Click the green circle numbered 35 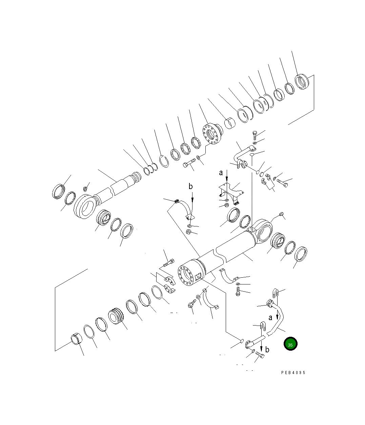[x=290, y=344]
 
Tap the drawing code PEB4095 [x=293, y=372]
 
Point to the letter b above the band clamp [x=191, y=186]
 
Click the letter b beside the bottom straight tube [x=267, y=350]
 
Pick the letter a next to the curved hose [x=270, y=318]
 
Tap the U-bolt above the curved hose [x=275, y=292]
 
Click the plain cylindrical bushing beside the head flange [x=231, y=124]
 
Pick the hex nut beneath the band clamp [x=189, y=232]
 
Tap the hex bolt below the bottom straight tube [x=260, y=356]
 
